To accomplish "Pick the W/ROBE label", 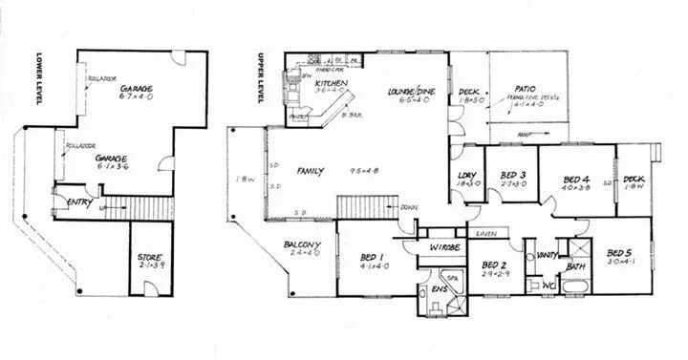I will tap(444, 247).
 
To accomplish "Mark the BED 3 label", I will tap(511, 177).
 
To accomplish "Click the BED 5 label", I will tap(621, 255).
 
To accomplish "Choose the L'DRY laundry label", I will tap(467, 176).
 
